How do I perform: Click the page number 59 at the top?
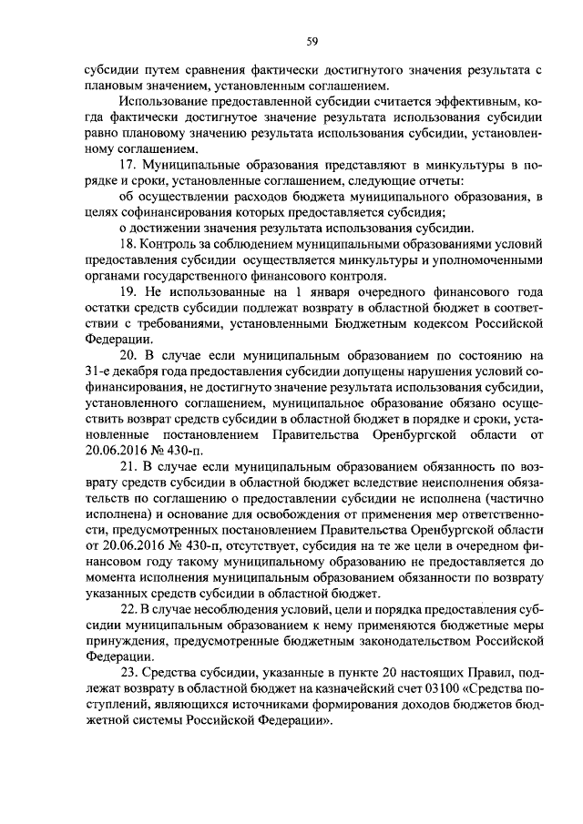click(311, 40)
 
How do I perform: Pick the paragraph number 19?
click(129, 292)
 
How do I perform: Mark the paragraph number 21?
click(129, 467)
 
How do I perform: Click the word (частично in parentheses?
click(517, 499)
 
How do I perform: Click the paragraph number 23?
click(129, 675)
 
